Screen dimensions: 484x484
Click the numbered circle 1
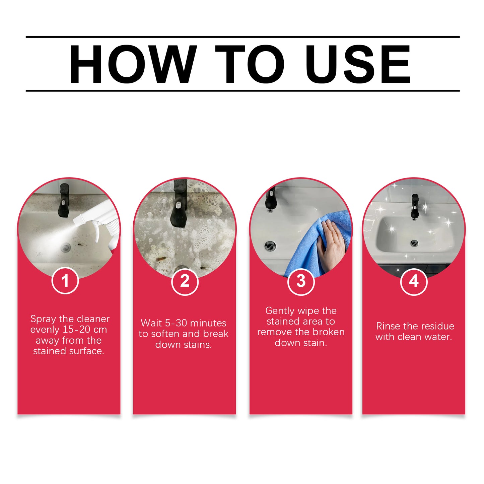[65, 281]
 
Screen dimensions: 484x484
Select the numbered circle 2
[185, 281]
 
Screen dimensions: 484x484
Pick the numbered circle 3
[301, 281]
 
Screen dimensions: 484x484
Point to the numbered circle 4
[414, 281]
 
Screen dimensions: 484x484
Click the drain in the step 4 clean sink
[414, 243]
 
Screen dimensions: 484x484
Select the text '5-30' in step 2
[177, 323]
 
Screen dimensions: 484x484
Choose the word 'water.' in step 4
[438, 337]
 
